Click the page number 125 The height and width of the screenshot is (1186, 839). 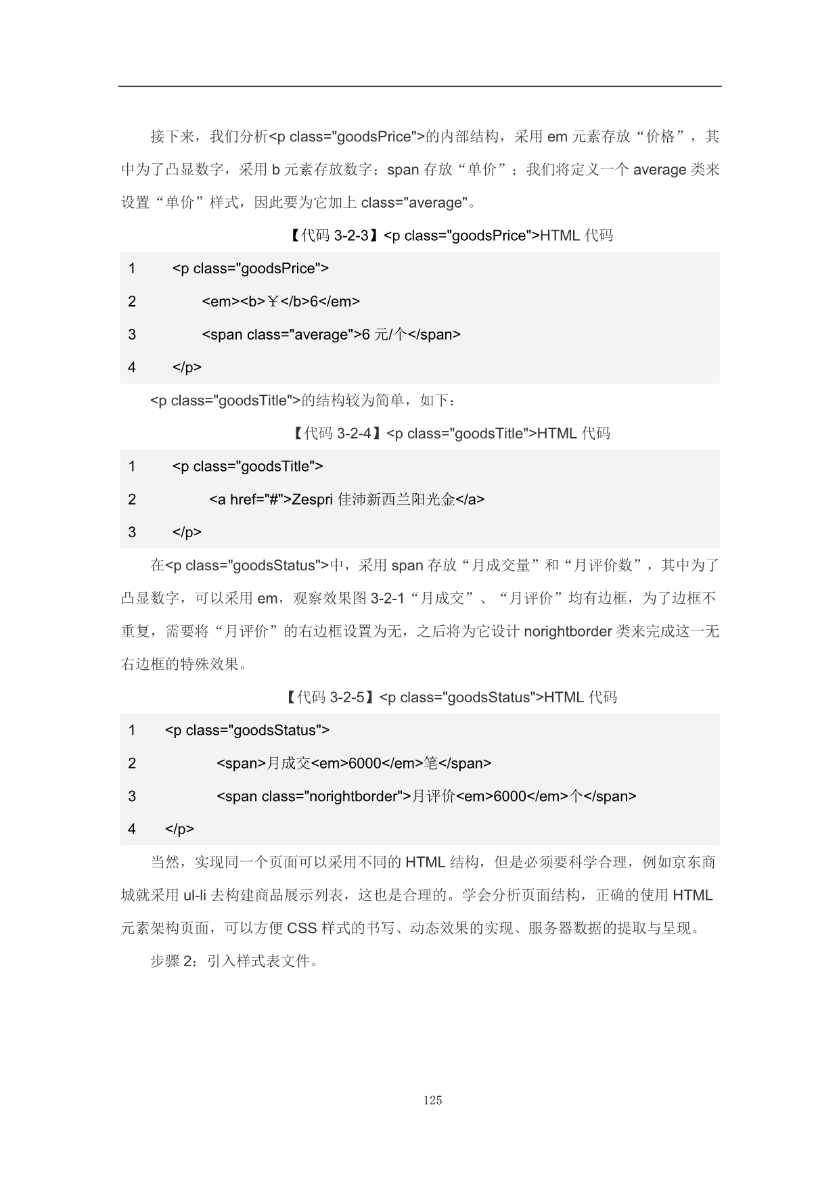[x=432, y=1100]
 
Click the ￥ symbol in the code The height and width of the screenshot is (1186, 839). [x=273, y=302]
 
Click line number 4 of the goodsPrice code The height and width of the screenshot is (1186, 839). [x=132, y=367]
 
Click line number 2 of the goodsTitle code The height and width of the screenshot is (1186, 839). [x=132, y=500]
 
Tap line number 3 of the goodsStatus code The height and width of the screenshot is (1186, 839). [x=132, y=796]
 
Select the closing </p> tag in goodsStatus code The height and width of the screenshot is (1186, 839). [x=179, y=829]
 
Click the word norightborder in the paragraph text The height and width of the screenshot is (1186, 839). [x=568, y=632]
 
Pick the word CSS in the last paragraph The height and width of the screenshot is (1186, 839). [x=302, y=928]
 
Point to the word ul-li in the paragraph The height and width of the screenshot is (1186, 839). [x=194, y=896]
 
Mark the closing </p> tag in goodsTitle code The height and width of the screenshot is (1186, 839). [x=187, y=532]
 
